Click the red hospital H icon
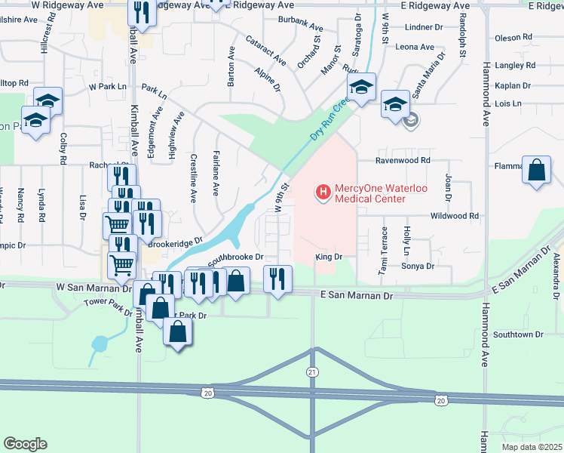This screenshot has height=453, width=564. (323, 193)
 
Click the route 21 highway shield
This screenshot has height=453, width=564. (312, 372)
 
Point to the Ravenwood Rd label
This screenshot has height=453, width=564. (403, 161)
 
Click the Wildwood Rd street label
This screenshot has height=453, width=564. (455, 216)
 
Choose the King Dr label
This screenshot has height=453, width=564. (329, 257)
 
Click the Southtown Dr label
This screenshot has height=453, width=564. (518, 334)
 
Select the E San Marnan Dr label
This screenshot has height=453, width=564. (357, 297)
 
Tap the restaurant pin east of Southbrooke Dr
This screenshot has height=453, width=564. (277, 279)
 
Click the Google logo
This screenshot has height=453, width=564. (25, 444)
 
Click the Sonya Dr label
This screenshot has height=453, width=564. (418, 267)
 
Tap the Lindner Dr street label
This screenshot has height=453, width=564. (424, 27)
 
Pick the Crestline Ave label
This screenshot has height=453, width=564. (194, 179)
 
